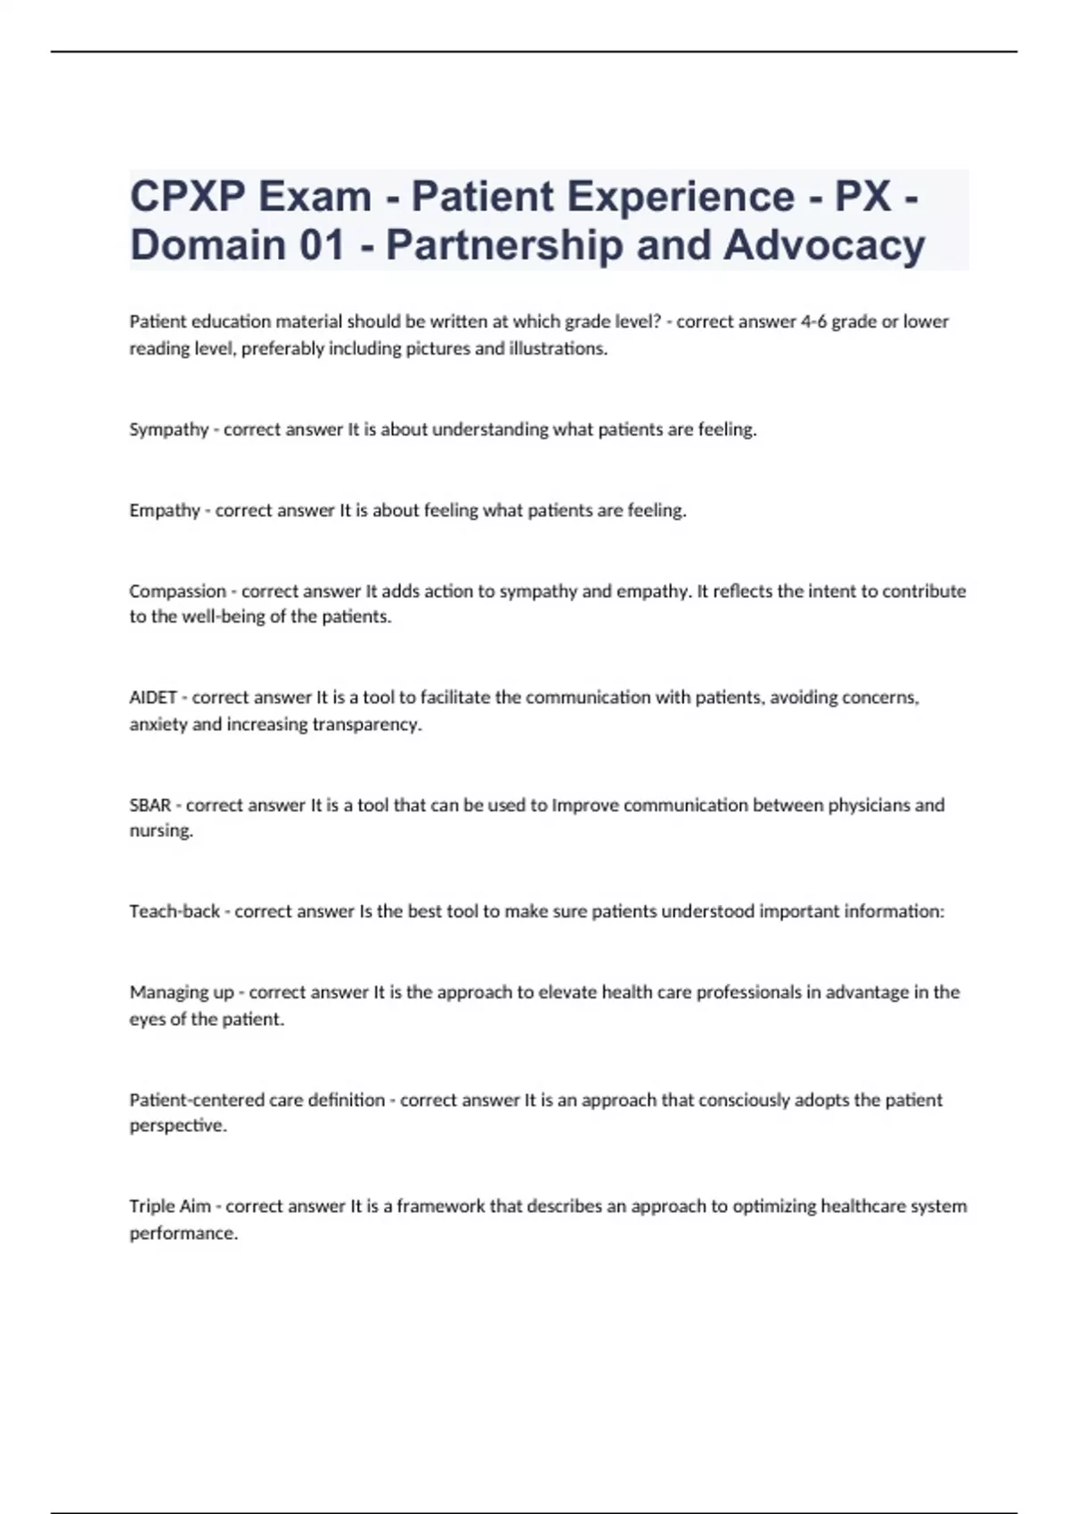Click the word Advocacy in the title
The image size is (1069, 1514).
point(824,245)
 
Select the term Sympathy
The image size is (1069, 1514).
point(168,429)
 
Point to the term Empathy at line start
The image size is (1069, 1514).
point(165,510)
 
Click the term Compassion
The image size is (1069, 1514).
point(177,590)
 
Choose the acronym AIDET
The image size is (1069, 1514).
point(153,697)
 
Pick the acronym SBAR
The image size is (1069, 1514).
point(150,805)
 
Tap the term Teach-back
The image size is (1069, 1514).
point(175,911)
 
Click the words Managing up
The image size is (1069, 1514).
point(182,992)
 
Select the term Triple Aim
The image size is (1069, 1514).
point(170,1206)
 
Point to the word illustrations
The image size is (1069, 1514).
point(558,348)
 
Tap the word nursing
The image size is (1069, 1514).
point(160,831)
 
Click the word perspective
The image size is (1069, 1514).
point(177,1126)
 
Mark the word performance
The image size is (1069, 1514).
point(183,1233)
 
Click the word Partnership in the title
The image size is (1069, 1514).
point(504,245)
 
